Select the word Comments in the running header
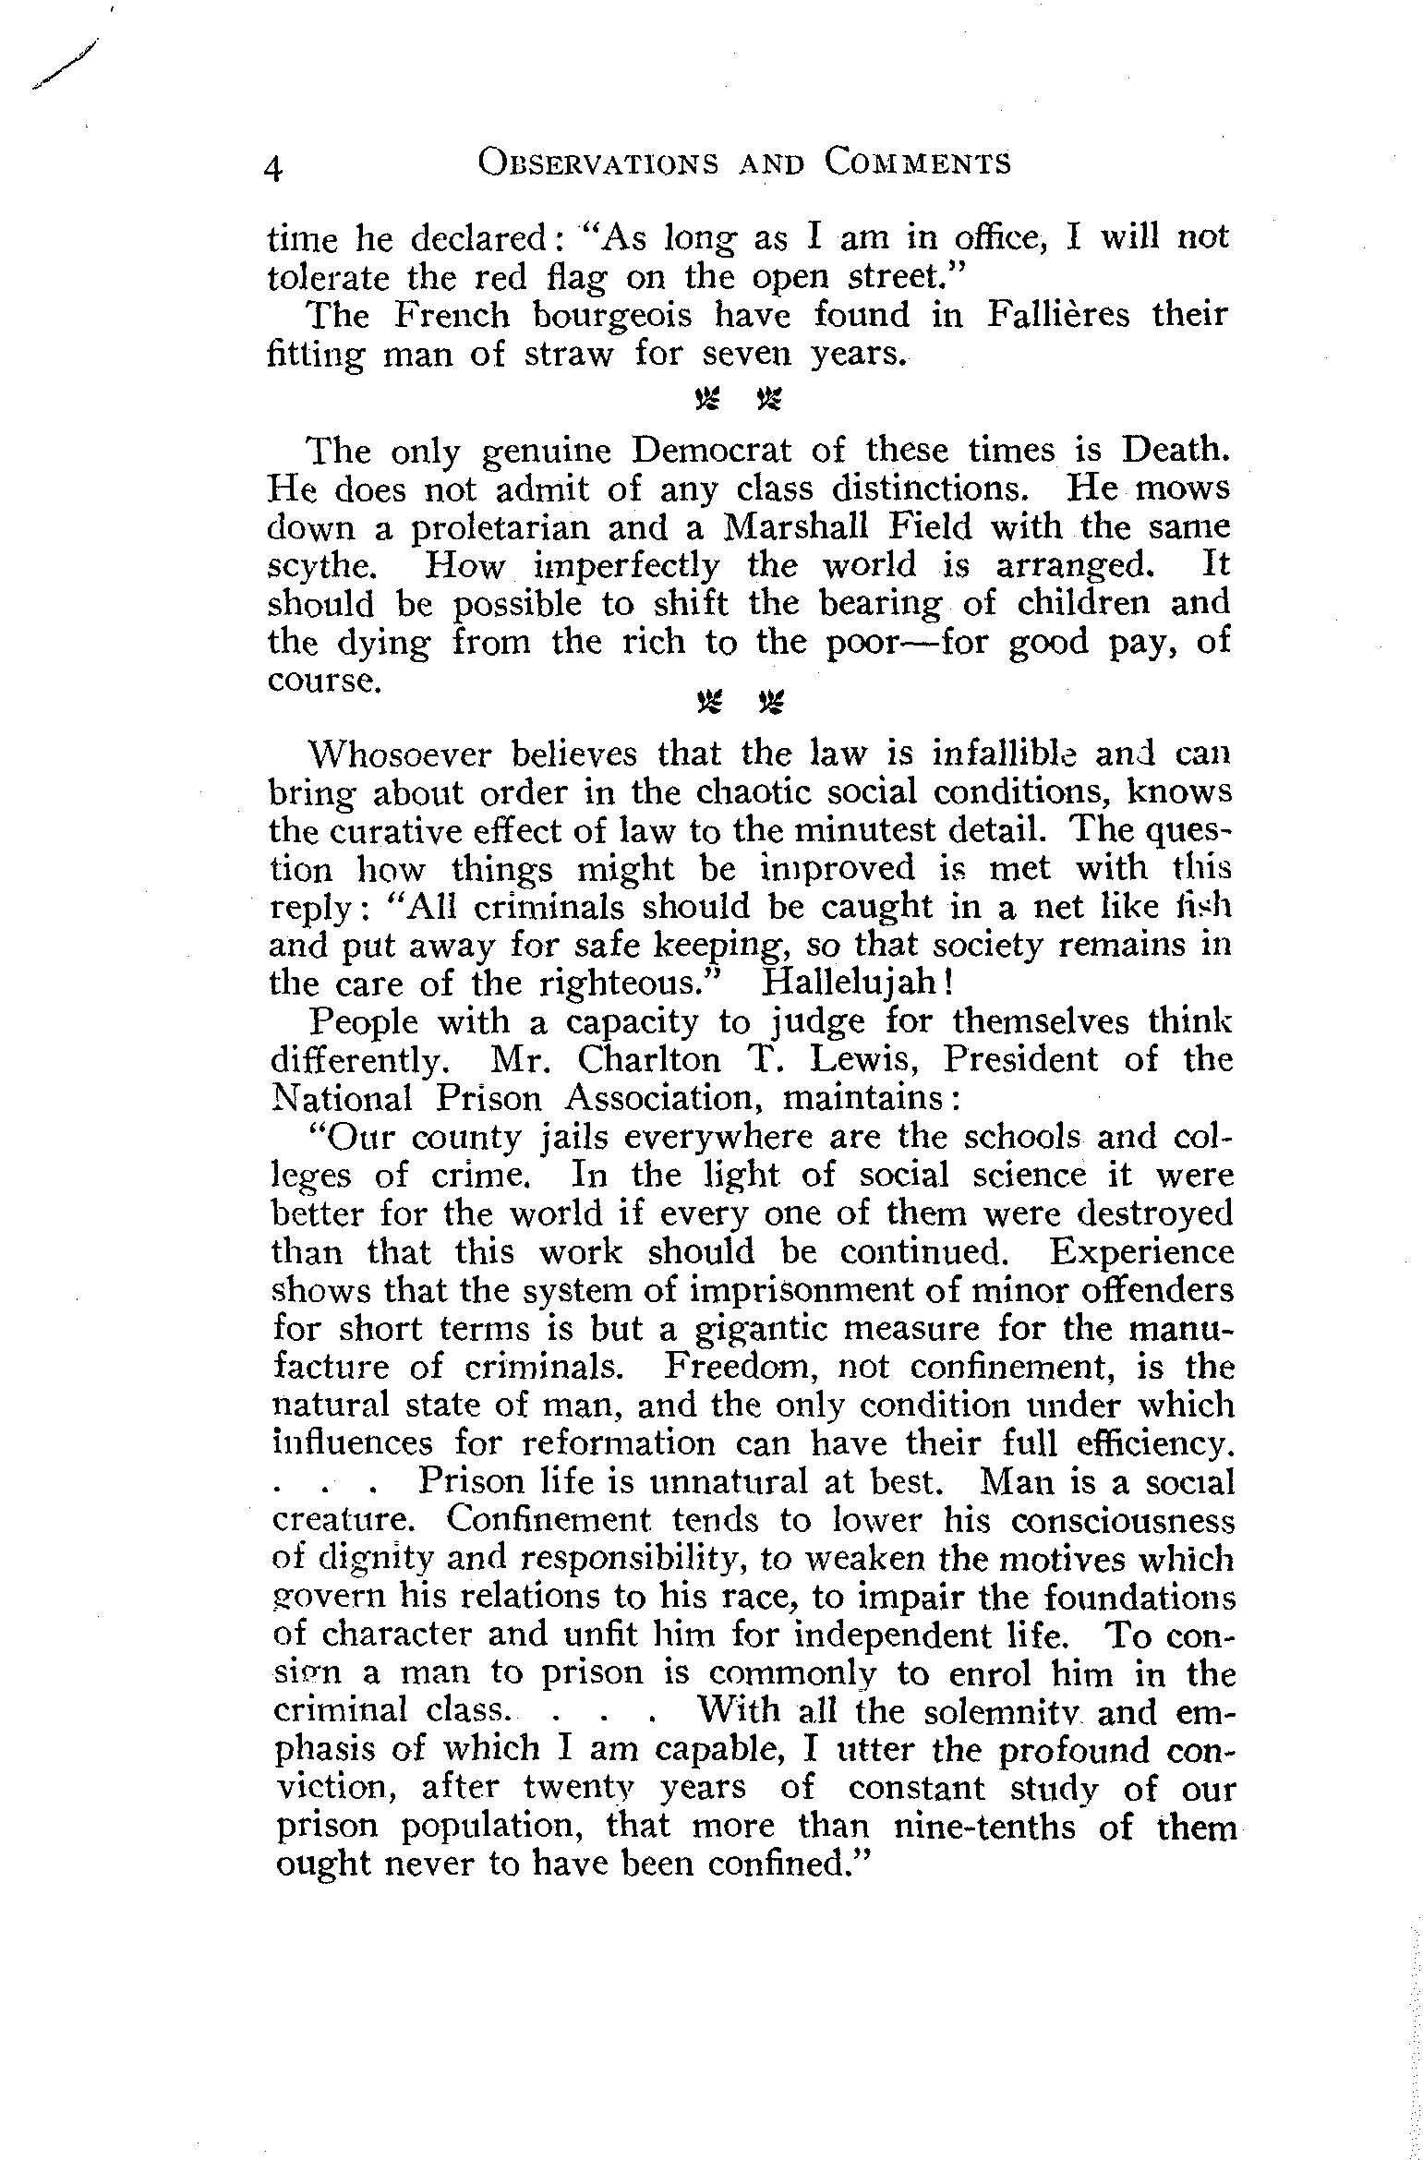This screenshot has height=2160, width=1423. [918, 163]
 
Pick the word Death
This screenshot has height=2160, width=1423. [1176, 450]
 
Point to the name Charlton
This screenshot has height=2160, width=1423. [644, 1059]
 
